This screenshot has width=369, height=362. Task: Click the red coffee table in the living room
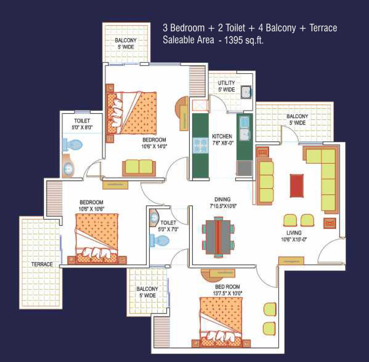click(297, 186)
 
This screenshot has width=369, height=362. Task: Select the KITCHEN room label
click(222, 136)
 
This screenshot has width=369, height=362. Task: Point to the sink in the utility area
click(246, 92)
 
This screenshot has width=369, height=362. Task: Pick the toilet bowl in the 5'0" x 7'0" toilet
click(160, 241)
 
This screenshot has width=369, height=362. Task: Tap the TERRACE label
click(42, 264)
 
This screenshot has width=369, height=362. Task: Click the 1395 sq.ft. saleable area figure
click(244, 40)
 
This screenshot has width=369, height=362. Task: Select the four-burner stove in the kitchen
click(200, 145)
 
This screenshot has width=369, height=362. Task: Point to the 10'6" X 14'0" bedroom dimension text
click(154, 146)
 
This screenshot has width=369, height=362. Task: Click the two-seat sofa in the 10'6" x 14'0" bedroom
click(139, 168)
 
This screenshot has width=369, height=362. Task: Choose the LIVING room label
click(294, 233)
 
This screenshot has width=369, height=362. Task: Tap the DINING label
click(222, 199)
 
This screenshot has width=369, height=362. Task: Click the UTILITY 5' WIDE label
click(226, 86)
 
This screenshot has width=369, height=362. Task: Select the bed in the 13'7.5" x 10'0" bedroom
click(221, 322)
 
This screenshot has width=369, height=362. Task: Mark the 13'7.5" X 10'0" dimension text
click(228, 293)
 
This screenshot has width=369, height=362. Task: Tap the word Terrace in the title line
click(323, 28)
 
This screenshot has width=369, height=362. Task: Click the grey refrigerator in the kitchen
click(244, 168)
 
